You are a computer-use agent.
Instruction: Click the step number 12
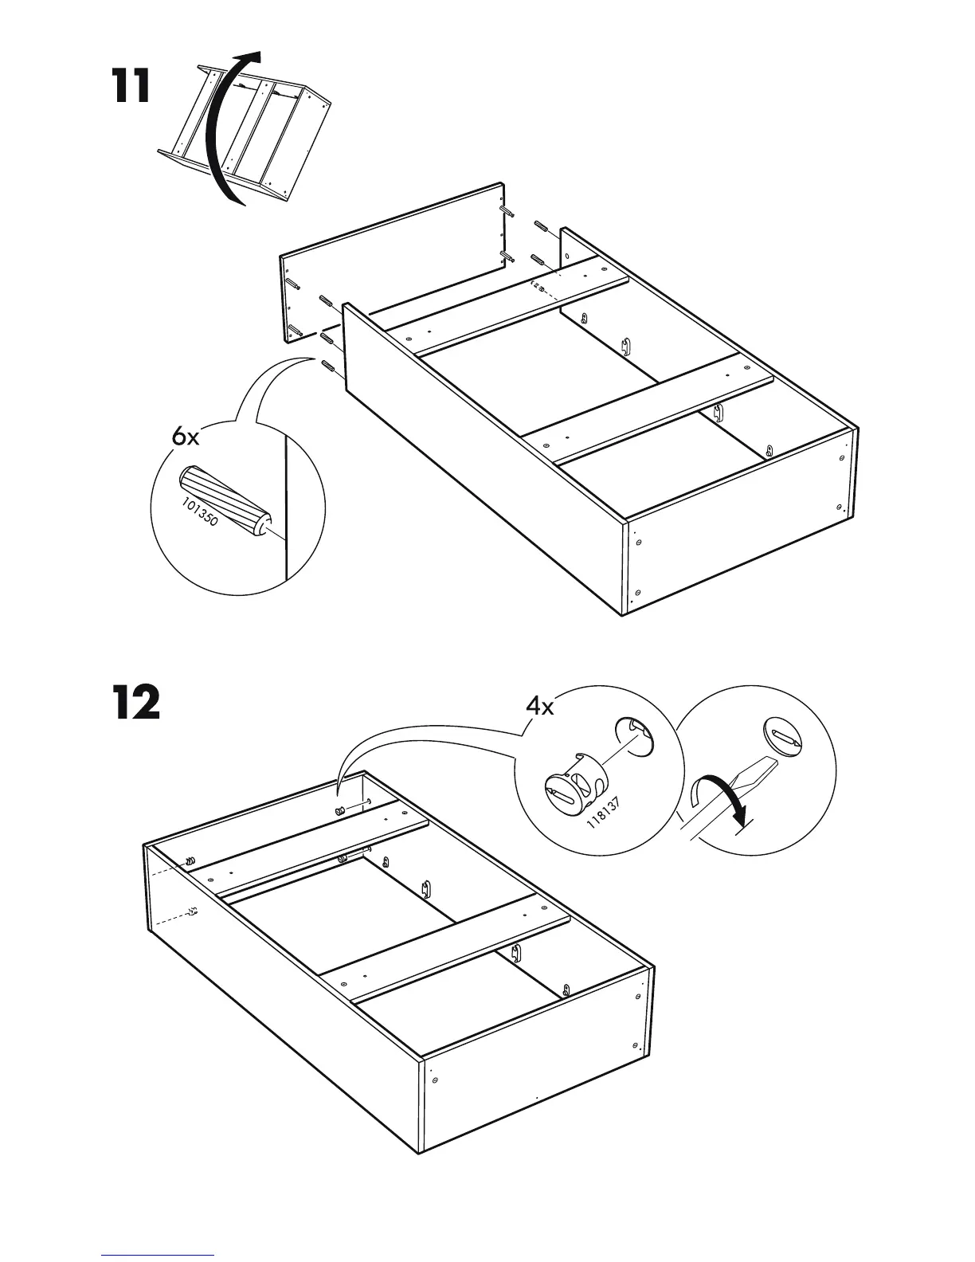(x=135, y=703)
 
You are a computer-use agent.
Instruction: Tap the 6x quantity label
(x=186, y=436)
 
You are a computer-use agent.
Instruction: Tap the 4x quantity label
(x=539, y=707)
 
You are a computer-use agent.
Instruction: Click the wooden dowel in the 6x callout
(x=222, y=501)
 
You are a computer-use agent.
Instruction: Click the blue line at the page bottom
(x=158, y=1255)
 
